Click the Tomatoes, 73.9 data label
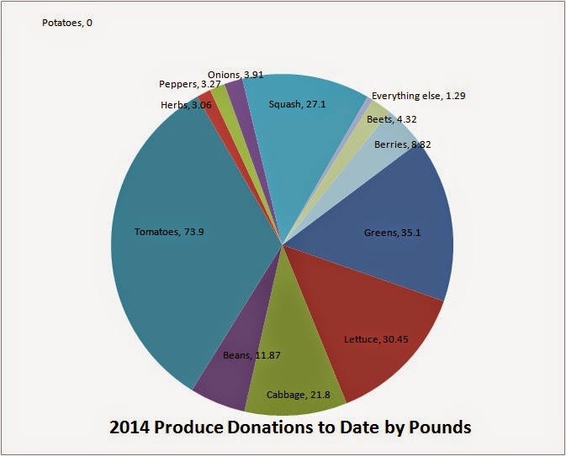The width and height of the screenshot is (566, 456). point(169,232)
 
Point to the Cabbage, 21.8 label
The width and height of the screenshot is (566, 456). point(299,395)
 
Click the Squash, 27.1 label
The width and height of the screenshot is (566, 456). point(297,104)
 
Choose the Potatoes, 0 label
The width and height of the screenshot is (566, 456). point(67,23)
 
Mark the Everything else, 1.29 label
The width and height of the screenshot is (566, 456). point(418,96)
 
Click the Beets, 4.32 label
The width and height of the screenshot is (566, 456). point(392,119)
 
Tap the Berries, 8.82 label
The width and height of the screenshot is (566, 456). point(403,144)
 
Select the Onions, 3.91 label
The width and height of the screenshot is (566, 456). point(235,75)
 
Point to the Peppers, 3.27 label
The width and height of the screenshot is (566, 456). point(190,84)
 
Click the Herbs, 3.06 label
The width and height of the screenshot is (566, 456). point(186,105)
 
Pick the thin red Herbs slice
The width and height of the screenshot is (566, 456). point(217,119)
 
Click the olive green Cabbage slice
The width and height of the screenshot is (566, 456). point(293,360)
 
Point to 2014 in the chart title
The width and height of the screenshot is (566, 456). point(130,427)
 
